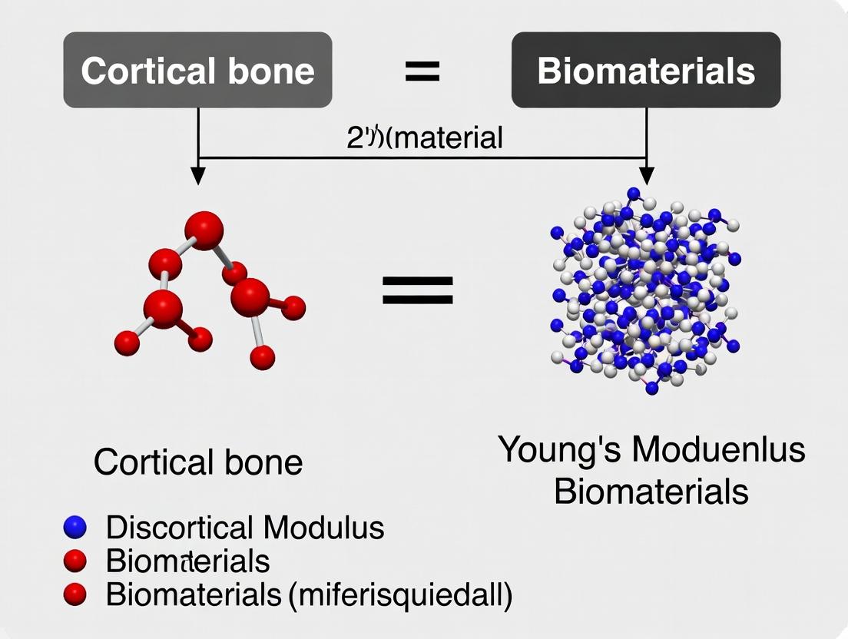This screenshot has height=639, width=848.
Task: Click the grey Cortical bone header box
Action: click(197, 70)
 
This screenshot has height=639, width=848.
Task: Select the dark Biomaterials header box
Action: click(646, 70)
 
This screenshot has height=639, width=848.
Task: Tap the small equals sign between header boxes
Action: click(422, 71)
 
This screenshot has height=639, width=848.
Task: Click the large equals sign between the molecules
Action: click(418, 291)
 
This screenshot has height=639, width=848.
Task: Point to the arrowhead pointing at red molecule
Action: click(198, 175)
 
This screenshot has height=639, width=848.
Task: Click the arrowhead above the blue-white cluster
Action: click(648, 175)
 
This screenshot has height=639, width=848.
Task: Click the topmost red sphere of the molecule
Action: click(204, 230)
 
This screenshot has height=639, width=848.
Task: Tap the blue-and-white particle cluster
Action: click(645, 292)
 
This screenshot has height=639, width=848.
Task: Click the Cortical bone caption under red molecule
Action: click(198, 462)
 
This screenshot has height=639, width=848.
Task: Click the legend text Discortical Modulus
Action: click(245, 528)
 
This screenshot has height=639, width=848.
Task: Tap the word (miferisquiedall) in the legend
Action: click(399, 594)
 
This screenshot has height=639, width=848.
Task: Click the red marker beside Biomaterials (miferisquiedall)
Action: click(75, 594)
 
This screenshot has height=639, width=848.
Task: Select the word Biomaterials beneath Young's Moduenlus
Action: click(651, 491)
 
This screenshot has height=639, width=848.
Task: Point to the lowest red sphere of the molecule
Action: click(263, 356)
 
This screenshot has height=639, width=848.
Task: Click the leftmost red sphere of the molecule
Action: click(127, 343)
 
